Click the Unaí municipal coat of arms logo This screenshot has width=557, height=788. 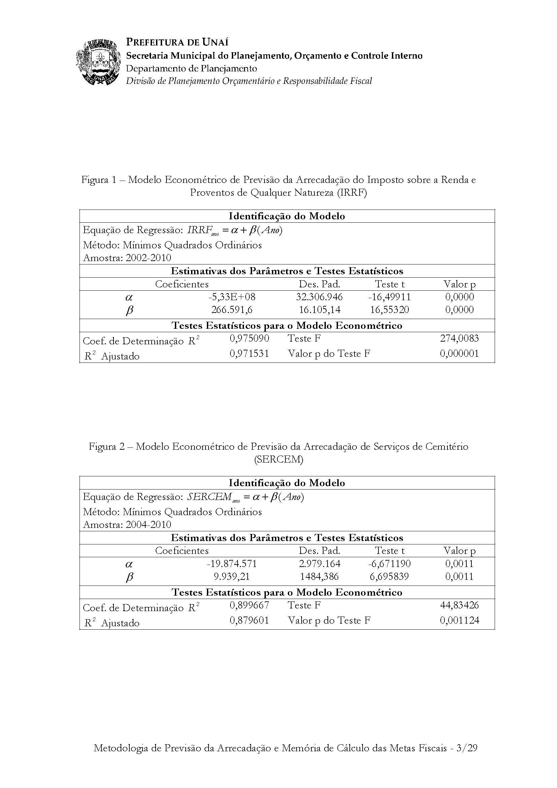click(x=98, y=62)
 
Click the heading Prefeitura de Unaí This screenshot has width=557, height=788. click(x=177, y=42)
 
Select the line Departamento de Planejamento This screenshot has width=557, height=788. click(x=191, y=68)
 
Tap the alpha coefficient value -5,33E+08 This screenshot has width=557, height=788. click(x=232, y=297)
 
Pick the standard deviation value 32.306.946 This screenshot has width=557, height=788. click(x=319, y=297)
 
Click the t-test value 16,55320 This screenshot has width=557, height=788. click(x=390, y=310)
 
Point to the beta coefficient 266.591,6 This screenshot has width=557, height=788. click(x=232, y=310)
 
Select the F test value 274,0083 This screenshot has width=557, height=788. click(x=459, y=338)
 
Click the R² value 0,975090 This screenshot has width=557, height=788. click(x=249, y=338)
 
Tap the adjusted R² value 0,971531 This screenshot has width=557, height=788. click(x=249, y=353)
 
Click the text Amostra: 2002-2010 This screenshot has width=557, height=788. click(x=127, y=258)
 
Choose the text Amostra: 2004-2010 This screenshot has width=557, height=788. click(x=127, y=525)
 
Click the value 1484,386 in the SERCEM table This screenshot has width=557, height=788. click(x=319, y=576)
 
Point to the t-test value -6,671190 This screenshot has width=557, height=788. click(x=390, y=564)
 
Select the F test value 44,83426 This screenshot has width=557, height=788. click(x=459, y=605)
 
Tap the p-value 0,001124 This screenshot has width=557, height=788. click(x=459, y=620)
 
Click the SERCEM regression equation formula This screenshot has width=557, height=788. click(x=246, y=497)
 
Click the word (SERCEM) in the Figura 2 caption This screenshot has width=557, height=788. click(x=279, y=459)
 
